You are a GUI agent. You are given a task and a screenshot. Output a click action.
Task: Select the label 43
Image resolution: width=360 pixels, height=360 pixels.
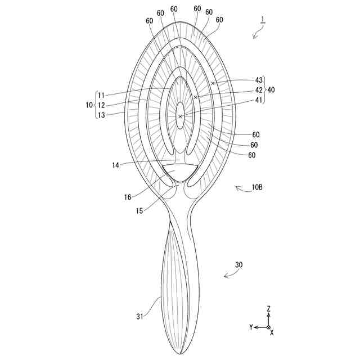click(259, 80)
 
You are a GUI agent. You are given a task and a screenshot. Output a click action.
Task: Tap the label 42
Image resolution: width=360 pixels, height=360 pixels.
click(259, 90)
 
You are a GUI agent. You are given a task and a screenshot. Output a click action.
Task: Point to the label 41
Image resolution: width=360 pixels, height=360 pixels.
click(259, 100)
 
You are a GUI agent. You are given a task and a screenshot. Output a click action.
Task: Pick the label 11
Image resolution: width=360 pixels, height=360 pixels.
click(101, 95)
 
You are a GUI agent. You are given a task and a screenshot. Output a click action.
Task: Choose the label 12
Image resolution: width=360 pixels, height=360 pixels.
click(101, 105)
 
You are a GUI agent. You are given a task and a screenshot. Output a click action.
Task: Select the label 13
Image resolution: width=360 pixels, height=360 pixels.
click(101, 114)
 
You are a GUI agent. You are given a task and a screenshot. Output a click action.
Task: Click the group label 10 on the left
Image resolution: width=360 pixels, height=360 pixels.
click(88, 105)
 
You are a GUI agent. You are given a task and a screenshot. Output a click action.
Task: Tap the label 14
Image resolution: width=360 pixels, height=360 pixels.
click(115, 165)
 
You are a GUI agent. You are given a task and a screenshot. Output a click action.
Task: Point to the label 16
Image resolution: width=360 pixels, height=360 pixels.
click(128, 197)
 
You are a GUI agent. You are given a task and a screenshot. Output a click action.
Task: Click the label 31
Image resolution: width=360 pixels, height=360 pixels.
click(139, 317)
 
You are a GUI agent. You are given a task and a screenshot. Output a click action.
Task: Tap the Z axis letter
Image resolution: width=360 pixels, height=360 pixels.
click(269, 308)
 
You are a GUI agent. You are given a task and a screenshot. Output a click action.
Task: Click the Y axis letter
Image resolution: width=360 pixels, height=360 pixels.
click(251, 327)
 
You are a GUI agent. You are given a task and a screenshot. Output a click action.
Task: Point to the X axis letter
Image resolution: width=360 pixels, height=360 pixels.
click(272, 333)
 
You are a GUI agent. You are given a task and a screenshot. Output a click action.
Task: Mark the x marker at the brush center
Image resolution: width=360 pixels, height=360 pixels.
click(180, 116)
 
